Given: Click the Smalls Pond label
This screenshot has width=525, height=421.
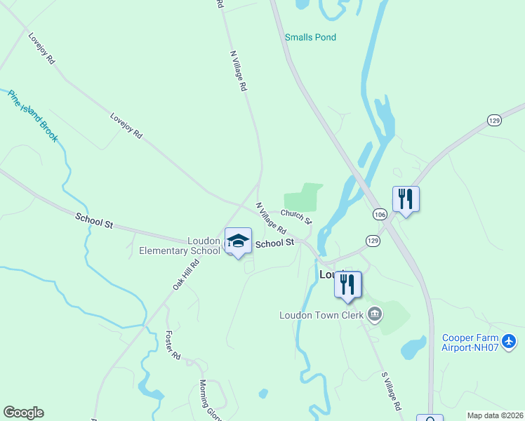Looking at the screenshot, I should (x=310, y=37).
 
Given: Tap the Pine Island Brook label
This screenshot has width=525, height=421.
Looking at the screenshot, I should (x=33, y=116).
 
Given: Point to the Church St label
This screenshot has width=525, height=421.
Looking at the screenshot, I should (x=296, y=216).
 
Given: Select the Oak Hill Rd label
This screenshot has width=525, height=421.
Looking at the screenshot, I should (x=186, y=274).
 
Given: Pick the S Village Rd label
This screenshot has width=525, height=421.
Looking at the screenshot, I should (x=391, y=392).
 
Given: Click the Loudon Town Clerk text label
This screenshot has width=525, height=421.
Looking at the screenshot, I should (x=321, y=315).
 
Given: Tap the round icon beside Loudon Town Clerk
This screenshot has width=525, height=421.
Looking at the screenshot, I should (x=376, y=314).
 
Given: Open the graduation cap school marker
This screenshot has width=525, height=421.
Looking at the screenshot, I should (x=238, y=241).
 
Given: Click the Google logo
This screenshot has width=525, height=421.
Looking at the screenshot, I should (x=23, y=413).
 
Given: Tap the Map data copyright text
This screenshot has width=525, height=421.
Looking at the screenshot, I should (x=496, y=415).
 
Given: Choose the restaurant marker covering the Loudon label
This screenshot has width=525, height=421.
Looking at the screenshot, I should (x=347, y=283).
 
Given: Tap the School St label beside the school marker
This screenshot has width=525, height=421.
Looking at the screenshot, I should (x=274, y=243).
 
